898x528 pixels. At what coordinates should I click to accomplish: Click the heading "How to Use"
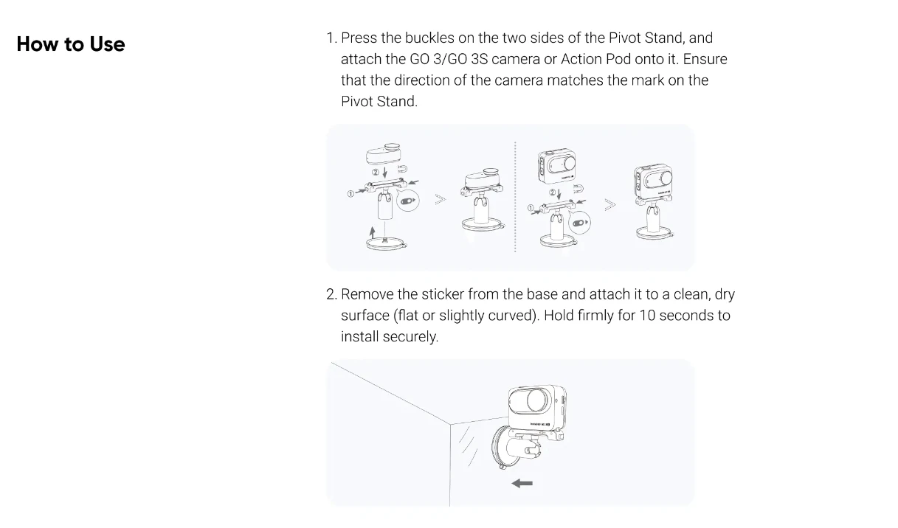pos(71,44)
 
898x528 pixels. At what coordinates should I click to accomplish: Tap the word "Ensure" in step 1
pos(705,59)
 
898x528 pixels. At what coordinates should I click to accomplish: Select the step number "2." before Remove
pos(331,294)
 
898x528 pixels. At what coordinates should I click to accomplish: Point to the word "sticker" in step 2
pos(443,294)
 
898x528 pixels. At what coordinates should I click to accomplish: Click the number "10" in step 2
pos(647,316)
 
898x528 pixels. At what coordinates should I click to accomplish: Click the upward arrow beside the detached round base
pos(373,232)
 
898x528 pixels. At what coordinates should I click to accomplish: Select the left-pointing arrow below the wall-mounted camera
pos(522,484)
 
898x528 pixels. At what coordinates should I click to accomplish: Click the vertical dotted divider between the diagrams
pos(515,196)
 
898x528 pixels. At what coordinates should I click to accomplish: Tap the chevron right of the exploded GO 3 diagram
pos(441,199)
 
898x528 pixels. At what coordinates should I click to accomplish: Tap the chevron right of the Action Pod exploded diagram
pos(609,205)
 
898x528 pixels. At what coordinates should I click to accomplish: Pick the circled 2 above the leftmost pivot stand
pos(376,173)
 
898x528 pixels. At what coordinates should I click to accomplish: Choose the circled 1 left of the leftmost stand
pos(350,194)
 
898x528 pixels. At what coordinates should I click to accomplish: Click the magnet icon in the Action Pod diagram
pos(578,188)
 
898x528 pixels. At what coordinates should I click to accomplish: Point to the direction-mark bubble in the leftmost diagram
pos(408,201)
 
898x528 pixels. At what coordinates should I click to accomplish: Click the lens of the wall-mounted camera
pos(536,400)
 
